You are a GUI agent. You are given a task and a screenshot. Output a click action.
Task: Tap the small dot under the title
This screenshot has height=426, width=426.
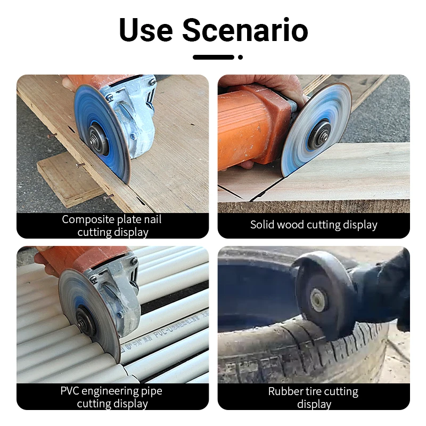click(241, 57)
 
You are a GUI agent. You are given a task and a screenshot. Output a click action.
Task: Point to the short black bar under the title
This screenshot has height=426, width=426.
click(214, 57)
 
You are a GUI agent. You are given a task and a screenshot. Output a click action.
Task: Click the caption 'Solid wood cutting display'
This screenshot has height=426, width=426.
click(314, 225)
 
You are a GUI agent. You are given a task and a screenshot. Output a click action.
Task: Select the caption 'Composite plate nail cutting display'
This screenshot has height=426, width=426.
click(112, 225)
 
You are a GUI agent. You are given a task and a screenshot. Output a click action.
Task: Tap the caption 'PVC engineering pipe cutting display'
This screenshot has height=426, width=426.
click(112, 397)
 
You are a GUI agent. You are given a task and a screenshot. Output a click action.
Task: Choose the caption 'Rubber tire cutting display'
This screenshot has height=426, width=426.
click(314, 397)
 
